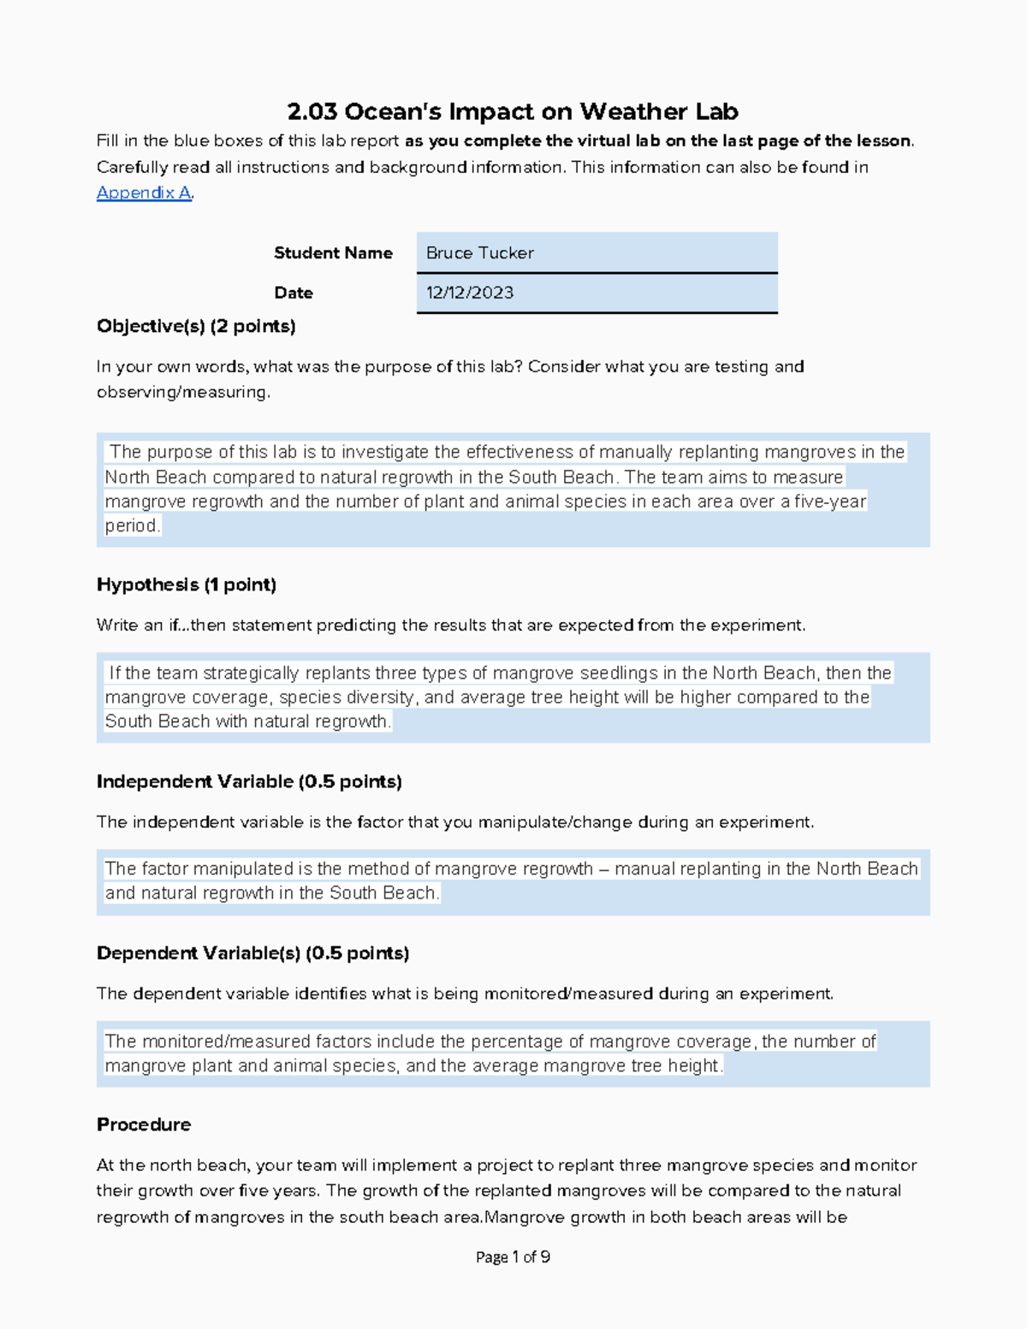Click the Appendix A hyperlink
tap(144, 193)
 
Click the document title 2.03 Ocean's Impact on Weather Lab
tap(513, 111)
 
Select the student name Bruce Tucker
tap(480, 253)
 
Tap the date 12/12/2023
tap(470, 293)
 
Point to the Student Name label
tap(333, 253)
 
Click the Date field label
tap(294, 293)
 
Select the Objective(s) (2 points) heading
tap(196, 326)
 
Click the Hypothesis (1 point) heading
tap(187, 584)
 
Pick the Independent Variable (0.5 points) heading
tap(249, 781)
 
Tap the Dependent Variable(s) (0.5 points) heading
tap(252, 953)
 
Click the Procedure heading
tap(144, 1124)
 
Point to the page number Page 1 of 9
tap(513, 1257)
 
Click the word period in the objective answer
tap(132, 525)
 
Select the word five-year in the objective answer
tap(830, 501)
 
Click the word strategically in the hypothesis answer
tap(251, 673)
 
